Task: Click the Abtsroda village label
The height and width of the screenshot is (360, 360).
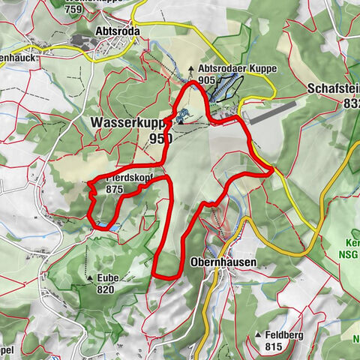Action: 118,31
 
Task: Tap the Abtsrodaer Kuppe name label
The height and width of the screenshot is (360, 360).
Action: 238,68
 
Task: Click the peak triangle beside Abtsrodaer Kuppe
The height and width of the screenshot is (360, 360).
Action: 191,69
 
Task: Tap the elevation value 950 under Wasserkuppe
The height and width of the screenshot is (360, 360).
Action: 160,138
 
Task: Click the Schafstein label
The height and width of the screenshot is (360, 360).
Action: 333,88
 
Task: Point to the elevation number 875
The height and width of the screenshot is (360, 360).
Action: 114,190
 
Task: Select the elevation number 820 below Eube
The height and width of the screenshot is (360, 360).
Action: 105,289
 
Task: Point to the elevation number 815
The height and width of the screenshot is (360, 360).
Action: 274,347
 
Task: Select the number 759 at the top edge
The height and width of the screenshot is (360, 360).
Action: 74,10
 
